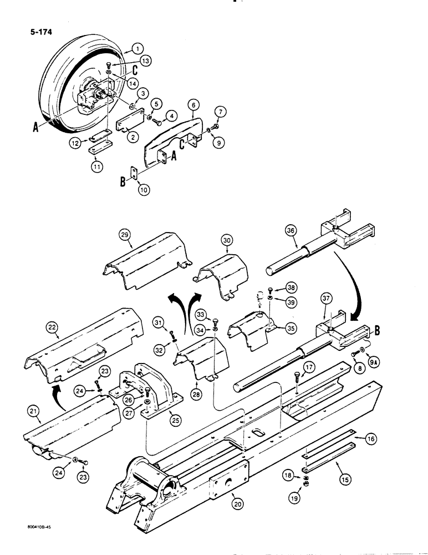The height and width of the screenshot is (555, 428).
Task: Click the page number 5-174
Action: pos(38,32)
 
